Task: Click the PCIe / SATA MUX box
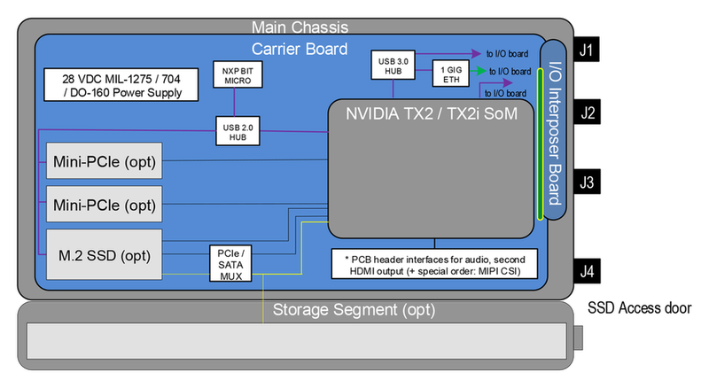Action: (x=230, y=263)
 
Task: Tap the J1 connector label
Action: (x=587, y=50)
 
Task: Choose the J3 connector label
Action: (x=587, y=183)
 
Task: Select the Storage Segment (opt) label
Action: (x=353, y=310)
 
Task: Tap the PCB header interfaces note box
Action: (x=433, y=263)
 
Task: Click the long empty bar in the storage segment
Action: (x=298, y=341)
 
